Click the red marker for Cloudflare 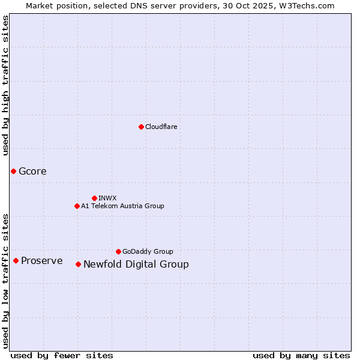click(141, 127)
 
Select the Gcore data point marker click(13, 171)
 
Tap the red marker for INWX click(94, 198)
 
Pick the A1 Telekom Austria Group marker click(77, 206)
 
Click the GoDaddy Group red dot click(118, 251)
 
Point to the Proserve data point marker click(16, 260)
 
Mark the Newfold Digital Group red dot click(78, 264)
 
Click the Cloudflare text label click(161, 127)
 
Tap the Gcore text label click(32, 171)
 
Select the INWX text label click(107, 198)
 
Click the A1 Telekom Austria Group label click(122, 206)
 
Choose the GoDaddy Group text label click(148, 251)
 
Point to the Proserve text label click(41, 260)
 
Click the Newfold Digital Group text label click(136, 264)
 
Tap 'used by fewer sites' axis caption click(62, 355)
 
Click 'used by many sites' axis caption click(301, 355)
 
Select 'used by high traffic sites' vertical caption click(5, 85)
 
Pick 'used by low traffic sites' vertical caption click(5, 280)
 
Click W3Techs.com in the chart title click(309, 5)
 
